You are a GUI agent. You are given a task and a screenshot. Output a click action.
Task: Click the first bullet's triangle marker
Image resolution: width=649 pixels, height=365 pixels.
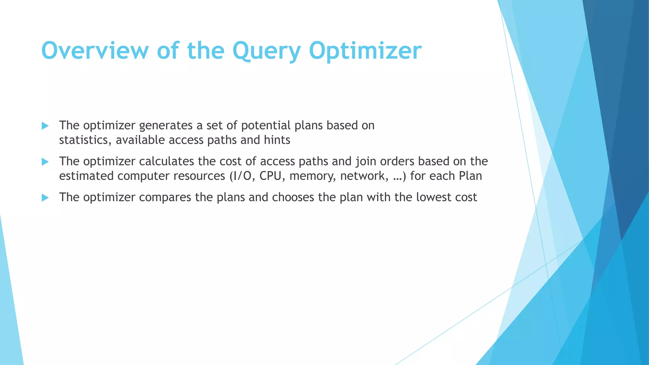[45, 126]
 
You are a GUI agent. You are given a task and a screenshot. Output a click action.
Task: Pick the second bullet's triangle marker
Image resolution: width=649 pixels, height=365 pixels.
[45, 162]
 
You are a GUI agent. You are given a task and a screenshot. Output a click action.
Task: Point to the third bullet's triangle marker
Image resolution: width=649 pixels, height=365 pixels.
[45, 198]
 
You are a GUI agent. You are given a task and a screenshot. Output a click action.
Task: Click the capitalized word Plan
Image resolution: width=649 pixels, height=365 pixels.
[470, 176]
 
